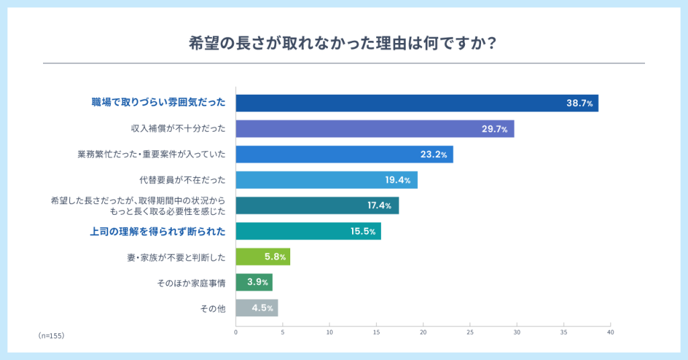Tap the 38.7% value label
point(579,103)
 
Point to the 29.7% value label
point(494,129)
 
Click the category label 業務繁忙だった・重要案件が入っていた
point(151,154)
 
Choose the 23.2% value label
point(434,154)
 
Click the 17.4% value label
point(380,206)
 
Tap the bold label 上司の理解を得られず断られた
point(157,232)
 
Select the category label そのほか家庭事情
point(191,283)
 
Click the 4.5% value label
point(263,308)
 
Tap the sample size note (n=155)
point(51,334)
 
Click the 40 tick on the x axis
point(610,332)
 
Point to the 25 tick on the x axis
point(470,332)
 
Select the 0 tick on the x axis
point(236,332)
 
